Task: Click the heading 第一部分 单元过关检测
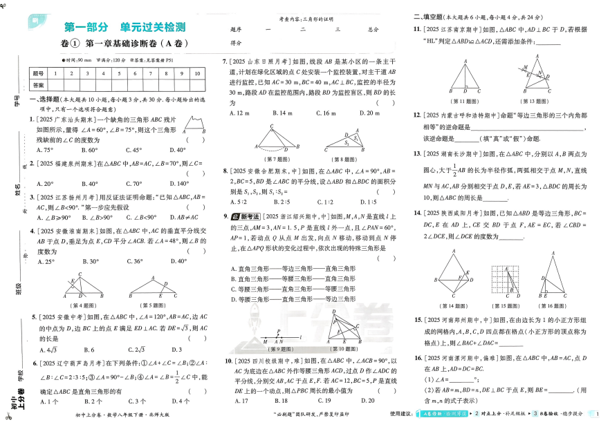124,28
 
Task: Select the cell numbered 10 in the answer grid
197,73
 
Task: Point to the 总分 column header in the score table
373,30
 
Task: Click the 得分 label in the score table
235,43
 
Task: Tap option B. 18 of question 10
281,401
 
